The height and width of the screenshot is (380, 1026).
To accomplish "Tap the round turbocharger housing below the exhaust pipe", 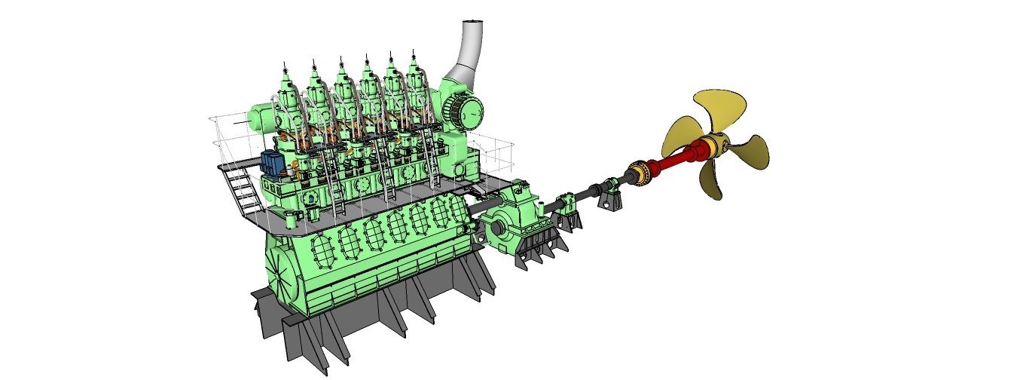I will coord(462,112).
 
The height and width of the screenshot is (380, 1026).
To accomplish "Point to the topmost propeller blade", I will coord(718,109).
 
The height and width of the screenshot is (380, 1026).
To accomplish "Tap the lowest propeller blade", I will coord(712,181).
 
